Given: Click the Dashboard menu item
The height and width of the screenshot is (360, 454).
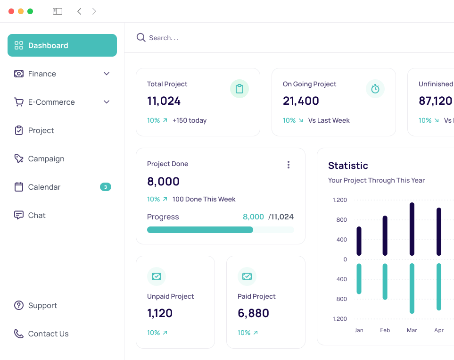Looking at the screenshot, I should point(62,45).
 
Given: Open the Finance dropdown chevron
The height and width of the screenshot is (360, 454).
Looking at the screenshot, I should point(107,74).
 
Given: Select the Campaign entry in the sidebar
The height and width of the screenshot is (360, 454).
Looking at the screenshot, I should point(46,159).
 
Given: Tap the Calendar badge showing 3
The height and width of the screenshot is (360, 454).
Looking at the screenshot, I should point(105,187).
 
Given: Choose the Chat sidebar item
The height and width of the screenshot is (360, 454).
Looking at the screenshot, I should point(36,215).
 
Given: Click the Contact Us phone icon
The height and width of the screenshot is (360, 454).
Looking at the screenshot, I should point(19,334).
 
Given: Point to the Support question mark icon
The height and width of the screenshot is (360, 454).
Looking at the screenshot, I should point(19,305).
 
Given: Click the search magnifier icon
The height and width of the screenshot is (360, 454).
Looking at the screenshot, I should point(140,38).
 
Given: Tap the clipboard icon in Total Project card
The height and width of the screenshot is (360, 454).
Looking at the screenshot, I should point(239,89).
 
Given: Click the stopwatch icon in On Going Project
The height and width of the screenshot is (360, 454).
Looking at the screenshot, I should point(375,89).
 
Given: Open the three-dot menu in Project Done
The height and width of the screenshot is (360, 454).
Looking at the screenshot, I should point(289,165).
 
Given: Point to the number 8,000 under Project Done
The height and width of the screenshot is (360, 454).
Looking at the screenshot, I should point(163,181).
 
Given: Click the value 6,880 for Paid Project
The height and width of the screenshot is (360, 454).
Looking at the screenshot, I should point(253,313).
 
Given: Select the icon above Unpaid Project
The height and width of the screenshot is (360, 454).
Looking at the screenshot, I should point(157,276).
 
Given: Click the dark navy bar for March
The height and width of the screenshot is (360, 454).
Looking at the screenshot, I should point(412,229).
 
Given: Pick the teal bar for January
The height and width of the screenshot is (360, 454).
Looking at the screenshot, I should point(359,279).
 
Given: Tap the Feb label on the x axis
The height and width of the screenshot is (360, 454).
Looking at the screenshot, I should point(385,330).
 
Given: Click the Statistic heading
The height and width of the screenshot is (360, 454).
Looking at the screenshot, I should point(348,166).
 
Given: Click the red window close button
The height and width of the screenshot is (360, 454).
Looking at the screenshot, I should point(11,11).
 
